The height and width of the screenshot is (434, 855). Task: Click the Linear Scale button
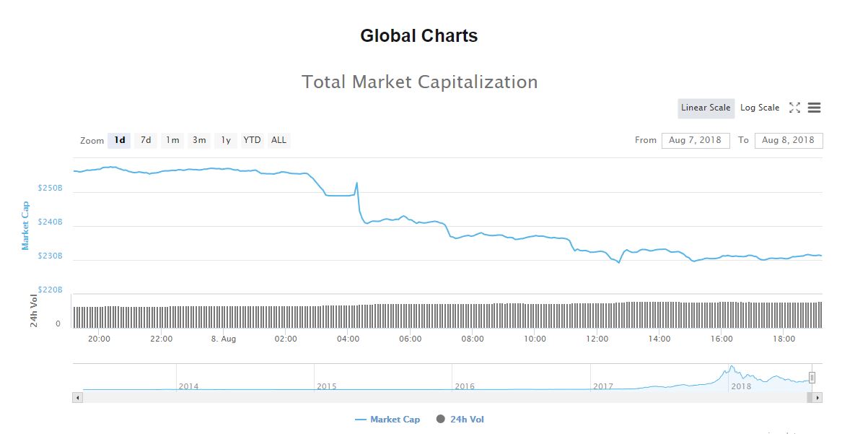coord(706,108)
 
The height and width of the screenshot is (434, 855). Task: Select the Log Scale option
coord(760,108)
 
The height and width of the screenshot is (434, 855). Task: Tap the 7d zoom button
coord(146,140)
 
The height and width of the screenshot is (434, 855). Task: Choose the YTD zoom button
coord(252,140)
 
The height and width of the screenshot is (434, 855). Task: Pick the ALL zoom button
coord(279,140)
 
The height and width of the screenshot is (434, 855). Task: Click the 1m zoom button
coord(172,140)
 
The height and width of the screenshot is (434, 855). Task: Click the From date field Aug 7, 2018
coord(696,140)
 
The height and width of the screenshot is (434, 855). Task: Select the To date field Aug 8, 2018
coord(788,140)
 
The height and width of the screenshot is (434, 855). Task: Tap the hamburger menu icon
coord(814,108)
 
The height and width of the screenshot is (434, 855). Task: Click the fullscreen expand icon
coord(794,108)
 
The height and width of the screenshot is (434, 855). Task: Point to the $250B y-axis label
coord(51,188)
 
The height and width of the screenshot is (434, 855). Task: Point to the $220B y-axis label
coord(51,290)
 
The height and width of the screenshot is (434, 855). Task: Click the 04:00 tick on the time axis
coord(348,339)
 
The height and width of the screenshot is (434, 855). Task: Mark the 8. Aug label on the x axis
coord(224,339)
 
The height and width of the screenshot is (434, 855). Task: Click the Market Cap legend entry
coord(387,420)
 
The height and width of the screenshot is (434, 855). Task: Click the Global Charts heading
coord(418,35)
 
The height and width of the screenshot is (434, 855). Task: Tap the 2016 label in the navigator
coord(465,386)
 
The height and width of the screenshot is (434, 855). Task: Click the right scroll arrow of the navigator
coord(817,397)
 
